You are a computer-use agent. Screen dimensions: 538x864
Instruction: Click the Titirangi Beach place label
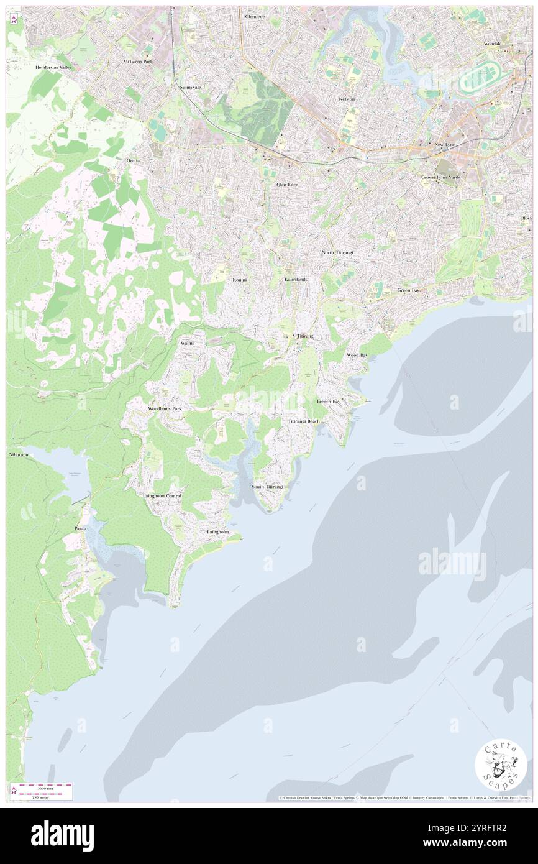304,421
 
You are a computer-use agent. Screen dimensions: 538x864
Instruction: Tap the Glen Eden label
288,185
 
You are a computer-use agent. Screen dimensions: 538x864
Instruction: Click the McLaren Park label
137,62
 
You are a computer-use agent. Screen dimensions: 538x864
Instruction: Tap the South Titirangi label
267,486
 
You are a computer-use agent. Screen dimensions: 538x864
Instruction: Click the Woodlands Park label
165,409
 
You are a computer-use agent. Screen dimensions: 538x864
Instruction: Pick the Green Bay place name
408,290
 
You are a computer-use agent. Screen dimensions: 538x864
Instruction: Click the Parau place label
80,528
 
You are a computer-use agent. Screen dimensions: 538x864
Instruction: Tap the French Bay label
328,402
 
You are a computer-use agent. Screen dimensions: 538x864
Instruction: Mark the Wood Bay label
357,355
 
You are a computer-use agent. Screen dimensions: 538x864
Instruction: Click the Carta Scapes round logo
501,766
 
